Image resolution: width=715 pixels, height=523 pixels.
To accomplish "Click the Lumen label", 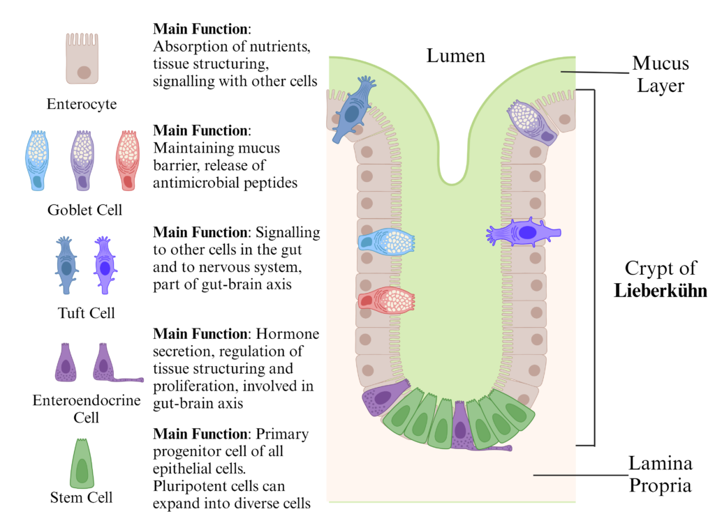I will pyautogui.click(x=456, y=55).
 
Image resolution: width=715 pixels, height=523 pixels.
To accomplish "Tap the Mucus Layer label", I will pyautogui.click(x=661, y=75).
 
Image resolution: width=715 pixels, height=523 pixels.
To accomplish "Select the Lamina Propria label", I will pyautogui.click(x=660, y=474).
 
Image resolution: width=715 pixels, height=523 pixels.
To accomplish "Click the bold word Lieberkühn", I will pyautogui.click(x=661, y=291).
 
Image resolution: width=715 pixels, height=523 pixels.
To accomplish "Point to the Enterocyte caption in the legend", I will pyautogui.click(x=82, y=105).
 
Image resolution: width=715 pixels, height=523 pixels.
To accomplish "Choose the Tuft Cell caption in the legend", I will pyautogui.click(x=86, y=313).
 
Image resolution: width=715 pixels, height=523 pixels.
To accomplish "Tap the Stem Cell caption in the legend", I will pyautogui.click(x=82, y=497).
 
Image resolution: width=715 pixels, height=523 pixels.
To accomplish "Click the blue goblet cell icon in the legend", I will pyautogui.click(x=36, y=160).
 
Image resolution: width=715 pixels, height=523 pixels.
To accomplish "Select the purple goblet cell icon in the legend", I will pyautogui.click(x=82, y=160).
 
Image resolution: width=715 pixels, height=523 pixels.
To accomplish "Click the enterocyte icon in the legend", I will pyautogui.click(x=82, y=61).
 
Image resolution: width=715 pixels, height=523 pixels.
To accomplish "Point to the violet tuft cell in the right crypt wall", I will pyautogui.click(x=524, y=232).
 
